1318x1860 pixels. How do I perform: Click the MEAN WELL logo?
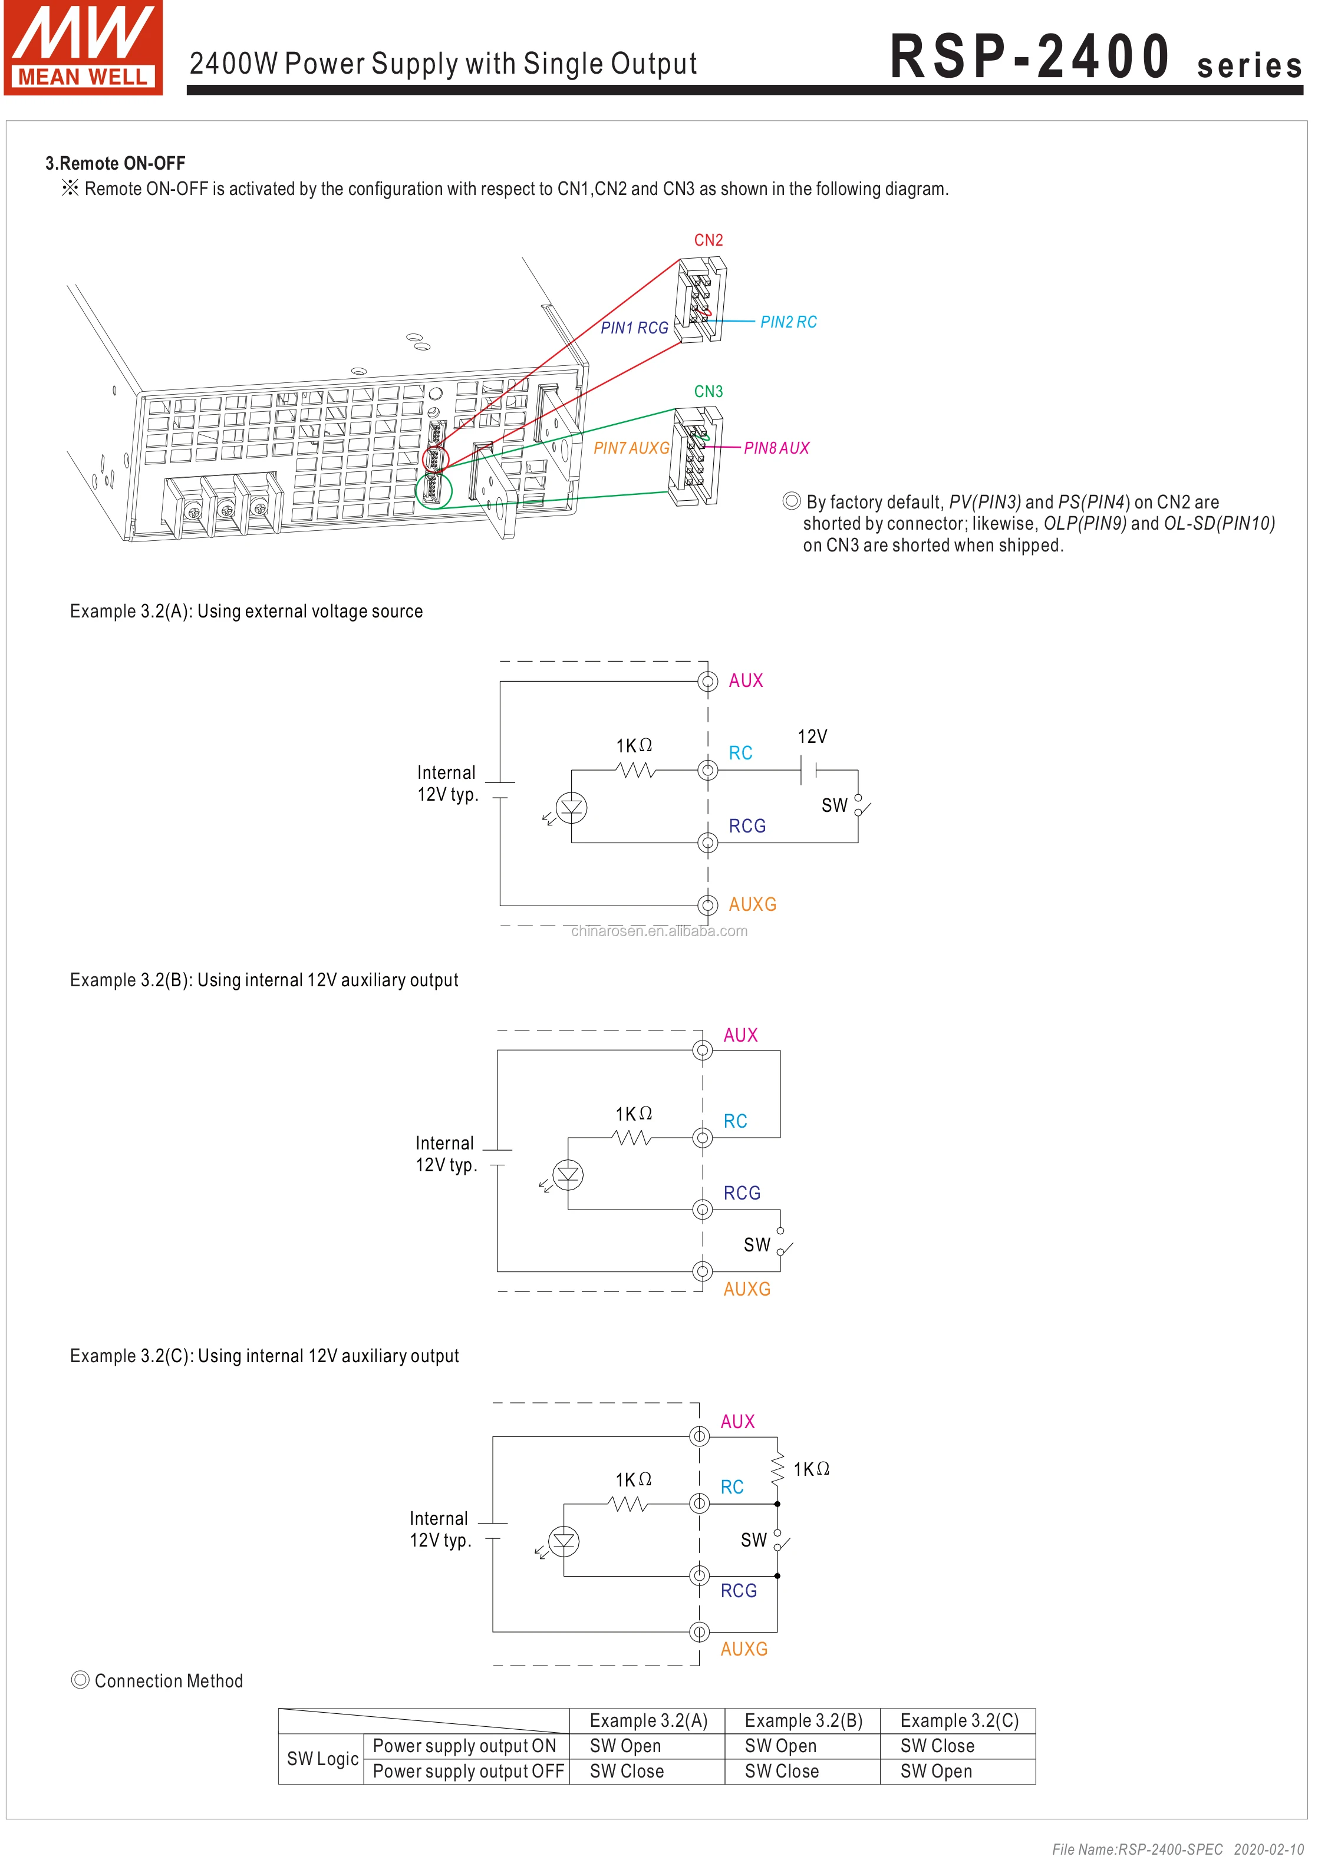pos(83,48)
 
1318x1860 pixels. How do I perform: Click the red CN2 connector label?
pos(708,240)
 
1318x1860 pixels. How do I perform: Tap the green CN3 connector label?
pos(708,392)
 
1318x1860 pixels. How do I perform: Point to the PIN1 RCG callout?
pos(634,328)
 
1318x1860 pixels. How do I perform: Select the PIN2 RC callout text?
pos(788,322)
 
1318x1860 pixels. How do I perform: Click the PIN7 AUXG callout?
pos(631,448)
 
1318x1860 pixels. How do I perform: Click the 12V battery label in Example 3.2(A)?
pos(812,736)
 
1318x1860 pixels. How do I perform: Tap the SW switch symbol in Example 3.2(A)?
pos(860,805)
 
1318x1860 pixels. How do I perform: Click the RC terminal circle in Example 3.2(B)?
pos(703,1138)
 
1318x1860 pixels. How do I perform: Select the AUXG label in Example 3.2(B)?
pos(747,1289)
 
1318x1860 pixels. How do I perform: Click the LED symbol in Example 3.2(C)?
pos(564,1541)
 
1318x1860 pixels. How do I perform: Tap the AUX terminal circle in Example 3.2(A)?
pos(708,682)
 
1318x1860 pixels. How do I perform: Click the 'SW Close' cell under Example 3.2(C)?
pos(937,1746)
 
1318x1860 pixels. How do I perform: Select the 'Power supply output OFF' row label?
pos(467,1771)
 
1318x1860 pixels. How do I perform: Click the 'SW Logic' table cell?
pos(322,1759)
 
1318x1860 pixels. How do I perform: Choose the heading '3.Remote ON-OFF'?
pos(116,163)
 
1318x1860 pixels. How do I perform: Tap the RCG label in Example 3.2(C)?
pos(739,1591)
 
